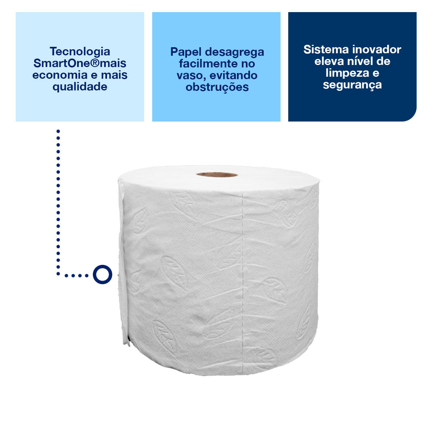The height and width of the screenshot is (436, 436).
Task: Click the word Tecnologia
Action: (80, 52)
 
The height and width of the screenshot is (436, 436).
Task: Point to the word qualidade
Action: (80, 87)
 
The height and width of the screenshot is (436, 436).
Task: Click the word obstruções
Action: (217, 87)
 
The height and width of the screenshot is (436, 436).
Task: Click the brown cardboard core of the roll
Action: (217, 174)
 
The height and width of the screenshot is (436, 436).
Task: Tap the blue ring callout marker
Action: (102, 275)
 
